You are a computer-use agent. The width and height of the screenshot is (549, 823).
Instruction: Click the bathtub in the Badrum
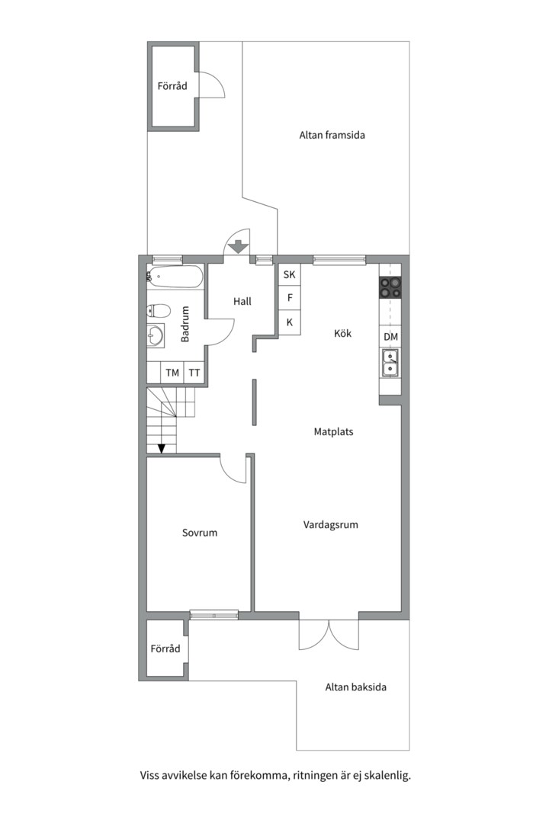point(175,276)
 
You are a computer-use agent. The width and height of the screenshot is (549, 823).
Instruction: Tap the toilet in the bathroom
point(159,311)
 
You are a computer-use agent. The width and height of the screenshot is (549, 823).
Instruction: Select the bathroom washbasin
point(156,335)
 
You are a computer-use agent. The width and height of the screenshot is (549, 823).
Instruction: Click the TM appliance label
point(172,373)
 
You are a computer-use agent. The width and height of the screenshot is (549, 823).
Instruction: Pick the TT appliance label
point(194,373)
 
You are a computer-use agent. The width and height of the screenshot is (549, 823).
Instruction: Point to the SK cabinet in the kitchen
point(290,274)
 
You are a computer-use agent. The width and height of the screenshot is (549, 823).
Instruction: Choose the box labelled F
point(290,298)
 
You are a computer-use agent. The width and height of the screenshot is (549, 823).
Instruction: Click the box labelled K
point(290,322)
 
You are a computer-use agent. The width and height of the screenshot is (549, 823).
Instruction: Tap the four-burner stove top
point(390,287)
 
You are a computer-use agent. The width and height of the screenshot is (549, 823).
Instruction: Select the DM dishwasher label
point(391,337)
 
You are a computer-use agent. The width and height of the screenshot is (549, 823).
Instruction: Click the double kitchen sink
point(390,363)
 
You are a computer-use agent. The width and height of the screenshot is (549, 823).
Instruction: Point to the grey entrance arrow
point(238,245)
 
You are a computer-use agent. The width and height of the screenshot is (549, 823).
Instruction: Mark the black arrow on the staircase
point(162,448)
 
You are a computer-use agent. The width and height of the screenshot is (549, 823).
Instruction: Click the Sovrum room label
point(200,533)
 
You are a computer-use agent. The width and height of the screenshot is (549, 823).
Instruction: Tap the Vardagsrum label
point(330,525)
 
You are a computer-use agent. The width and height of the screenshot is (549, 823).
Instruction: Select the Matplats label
point(334,432)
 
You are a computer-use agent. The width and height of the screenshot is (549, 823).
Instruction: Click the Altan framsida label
point(332,135)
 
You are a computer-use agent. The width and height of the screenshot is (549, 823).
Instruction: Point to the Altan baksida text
point(355,687)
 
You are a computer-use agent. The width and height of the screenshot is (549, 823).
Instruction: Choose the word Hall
point(242,301)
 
